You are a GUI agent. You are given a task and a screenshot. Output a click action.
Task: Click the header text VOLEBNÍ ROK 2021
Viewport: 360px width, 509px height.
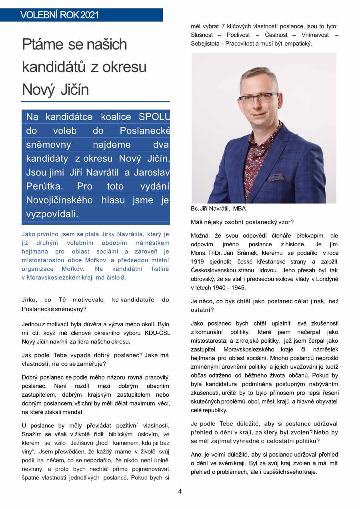tap(59, 16)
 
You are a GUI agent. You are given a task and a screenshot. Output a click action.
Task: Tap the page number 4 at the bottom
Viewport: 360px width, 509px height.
tap(180, 491)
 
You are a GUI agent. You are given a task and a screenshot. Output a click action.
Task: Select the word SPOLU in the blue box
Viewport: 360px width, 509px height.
tap(154, 117)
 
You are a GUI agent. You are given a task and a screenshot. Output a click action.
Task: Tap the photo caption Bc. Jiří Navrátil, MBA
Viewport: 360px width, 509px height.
tap(218, 209)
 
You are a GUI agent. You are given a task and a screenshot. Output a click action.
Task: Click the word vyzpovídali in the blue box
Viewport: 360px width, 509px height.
tap(52, 214)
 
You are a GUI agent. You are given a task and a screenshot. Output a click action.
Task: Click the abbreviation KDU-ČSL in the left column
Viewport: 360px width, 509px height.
tap(156, 333)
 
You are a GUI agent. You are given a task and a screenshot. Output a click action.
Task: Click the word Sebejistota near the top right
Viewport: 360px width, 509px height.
tap(205, 44)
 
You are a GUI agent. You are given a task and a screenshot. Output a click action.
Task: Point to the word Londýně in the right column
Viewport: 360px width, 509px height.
tap(327, 279)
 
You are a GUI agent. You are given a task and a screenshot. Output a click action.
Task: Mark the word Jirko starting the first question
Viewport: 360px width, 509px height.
tap(30, 300)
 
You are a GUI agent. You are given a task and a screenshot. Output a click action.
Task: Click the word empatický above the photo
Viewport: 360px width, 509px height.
tap(296, 44)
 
